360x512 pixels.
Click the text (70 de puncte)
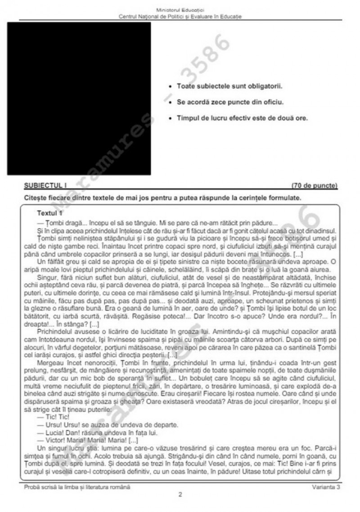314,185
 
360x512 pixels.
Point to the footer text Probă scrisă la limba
76,487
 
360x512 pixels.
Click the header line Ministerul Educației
180,9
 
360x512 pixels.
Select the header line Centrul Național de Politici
180,16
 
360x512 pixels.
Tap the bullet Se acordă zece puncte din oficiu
229,102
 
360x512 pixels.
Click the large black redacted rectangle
79,98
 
